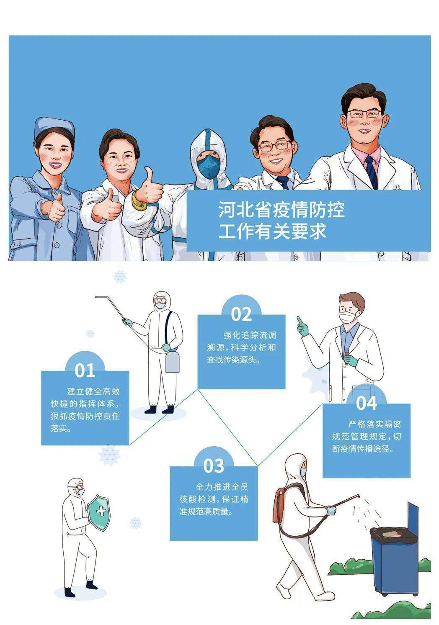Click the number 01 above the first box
coord(85,370)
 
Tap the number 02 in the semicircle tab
coord(241,314)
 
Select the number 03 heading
coord(214,466)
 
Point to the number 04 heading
coord(367,403)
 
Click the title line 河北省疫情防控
coord(281,209)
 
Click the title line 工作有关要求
coord(272,231)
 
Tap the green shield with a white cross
coord(100,512)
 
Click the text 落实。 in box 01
coord(61,429)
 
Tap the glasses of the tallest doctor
coord(364,113)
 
